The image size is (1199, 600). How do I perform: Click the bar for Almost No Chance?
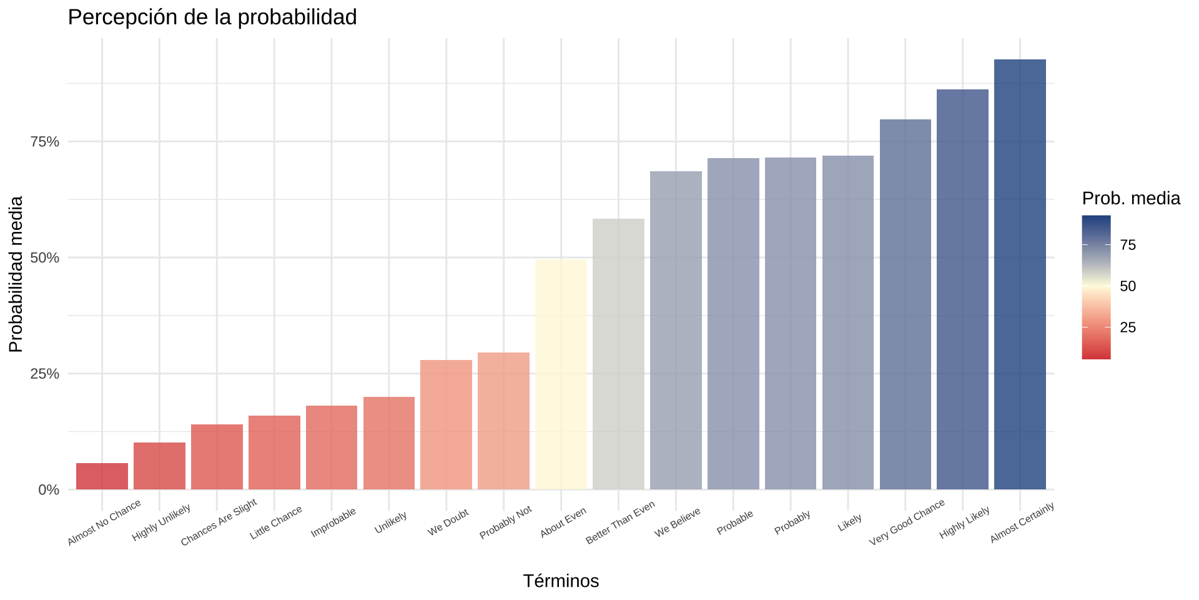click(102, 476)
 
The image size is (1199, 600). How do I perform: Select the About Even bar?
click(561, 374)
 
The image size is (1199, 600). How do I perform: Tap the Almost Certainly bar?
click(1020, 274)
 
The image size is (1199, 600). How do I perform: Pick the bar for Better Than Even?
click(618, 354)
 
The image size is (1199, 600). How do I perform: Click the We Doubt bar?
click(446, 424)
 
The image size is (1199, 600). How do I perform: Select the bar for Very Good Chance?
click(905, 304)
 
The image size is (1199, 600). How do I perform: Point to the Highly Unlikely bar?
click(159, 466)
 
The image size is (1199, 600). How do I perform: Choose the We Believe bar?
click(676, 330)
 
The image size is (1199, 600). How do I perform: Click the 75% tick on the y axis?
click(45, 142)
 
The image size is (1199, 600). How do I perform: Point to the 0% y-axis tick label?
click(49, 490)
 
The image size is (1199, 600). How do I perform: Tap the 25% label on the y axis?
click(45, 374)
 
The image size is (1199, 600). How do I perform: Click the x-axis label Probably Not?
click(506, 522)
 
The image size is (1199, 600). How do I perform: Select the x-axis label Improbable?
click(333, 522)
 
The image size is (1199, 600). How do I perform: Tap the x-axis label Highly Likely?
click(965, 523)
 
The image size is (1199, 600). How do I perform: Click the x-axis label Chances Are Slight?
click(219, 522)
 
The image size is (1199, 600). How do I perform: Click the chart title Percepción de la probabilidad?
click(212, 17)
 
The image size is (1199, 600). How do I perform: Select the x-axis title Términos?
click(561, 581)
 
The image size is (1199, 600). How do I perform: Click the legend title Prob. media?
click(1131, 199)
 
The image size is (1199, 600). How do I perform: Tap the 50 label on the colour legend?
click(1128, 286)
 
